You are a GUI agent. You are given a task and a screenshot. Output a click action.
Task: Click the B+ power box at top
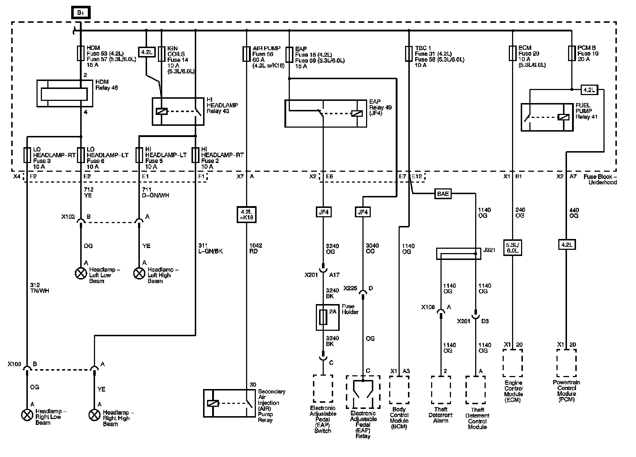click(x=80, y=13)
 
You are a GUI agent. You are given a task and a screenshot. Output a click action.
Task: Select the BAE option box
click(x=443, y=194)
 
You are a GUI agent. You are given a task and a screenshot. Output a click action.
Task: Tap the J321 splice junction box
click(x=459, y=253)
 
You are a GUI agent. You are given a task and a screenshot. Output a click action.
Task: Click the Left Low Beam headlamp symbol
click(x=80, y=273)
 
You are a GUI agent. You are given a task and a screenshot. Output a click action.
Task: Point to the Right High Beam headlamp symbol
click(x=94, y=415)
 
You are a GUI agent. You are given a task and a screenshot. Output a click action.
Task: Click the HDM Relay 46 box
click(x=65, y=94)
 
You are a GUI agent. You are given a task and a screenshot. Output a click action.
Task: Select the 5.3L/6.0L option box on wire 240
click(x=512, y=248)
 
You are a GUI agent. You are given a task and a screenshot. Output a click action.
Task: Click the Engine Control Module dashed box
click(x=512, y=363)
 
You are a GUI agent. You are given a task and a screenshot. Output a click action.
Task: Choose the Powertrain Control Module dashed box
click(x=566, y=363)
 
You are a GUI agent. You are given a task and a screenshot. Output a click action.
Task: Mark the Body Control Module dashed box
click(x=399, y=389)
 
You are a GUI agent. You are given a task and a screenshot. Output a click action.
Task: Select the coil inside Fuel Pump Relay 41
click(x=563, y=117)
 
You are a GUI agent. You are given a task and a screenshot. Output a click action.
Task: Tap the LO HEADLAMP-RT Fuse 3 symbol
click(x=27, y=155)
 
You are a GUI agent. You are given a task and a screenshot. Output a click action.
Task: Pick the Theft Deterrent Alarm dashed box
click(x=441, y=390)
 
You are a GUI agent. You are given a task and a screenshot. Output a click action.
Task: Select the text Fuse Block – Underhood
click(x=600, y=179)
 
